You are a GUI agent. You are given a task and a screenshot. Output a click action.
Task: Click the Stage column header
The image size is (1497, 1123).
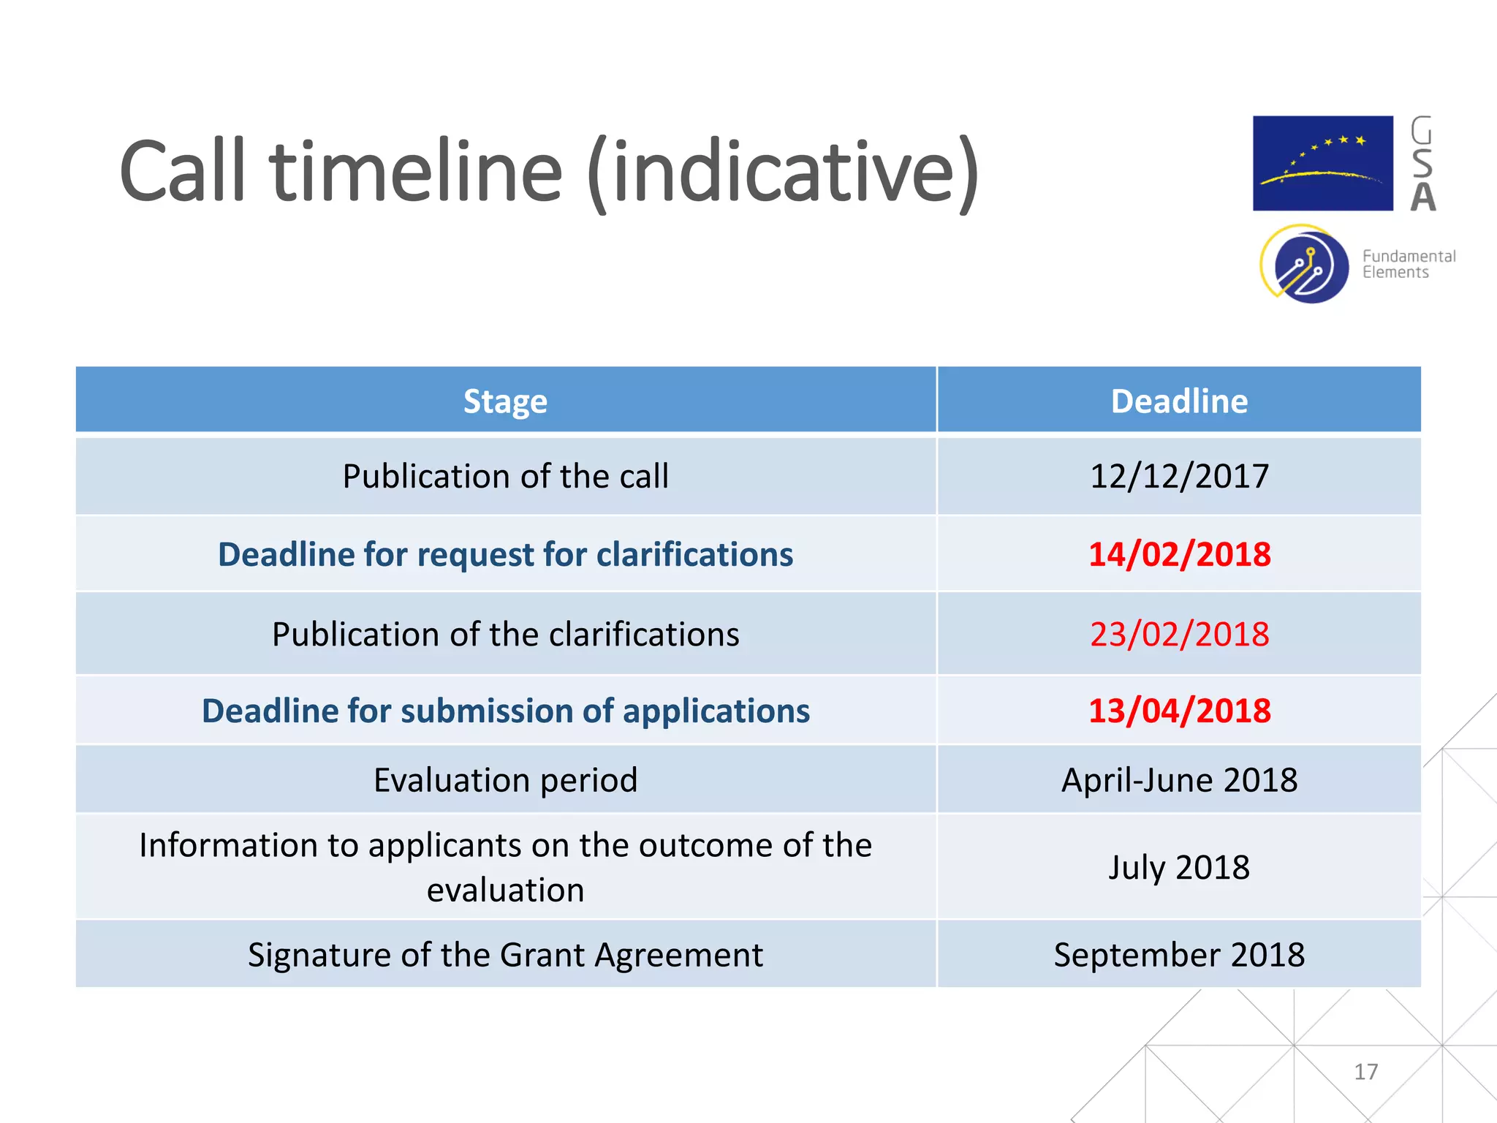coord(505,401)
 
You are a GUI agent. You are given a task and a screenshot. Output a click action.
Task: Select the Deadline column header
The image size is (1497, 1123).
coord(1179,401)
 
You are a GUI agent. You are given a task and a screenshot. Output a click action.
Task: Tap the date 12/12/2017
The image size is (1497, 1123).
coord(1179,477)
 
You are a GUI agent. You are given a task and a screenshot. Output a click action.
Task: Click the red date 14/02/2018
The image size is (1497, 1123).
coord(1179,554)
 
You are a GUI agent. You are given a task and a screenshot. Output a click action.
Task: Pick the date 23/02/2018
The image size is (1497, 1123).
coord(1179,634)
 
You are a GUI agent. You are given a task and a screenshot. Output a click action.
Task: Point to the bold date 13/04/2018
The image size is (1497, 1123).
coord(1179,711)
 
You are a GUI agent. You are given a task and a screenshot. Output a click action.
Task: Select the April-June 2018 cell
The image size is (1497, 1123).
coord(1179,780)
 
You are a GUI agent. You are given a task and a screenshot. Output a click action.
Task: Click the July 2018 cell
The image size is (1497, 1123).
coord(1179,868)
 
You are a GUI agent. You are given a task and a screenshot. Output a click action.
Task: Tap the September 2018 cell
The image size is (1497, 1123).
coord(1179,955)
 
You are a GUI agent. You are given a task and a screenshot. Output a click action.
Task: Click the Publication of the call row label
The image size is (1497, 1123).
coord(505,477)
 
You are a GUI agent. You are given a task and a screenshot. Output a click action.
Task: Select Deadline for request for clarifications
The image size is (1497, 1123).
coord(505,554)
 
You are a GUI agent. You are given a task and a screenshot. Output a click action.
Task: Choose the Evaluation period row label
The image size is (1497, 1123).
coord(505,780)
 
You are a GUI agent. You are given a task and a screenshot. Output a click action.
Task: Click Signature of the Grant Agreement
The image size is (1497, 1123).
coord(505,955)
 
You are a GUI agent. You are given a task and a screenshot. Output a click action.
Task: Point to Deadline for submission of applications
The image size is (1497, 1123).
coord(505,711)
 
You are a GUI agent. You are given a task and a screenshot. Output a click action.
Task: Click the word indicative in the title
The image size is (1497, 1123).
coord(782,173)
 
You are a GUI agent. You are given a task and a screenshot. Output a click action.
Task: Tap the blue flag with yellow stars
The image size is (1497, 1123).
coord(1322,163)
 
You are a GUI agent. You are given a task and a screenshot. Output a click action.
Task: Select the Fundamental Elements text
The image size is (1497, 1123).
coord(1408,264)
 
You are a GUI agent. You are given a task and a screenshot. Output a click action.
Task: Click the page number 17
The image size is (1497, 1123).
coord(1365,1072)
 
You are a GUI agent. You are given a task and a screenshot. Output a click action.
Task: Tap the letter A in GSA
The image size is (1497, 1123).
coord(1422,197)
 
